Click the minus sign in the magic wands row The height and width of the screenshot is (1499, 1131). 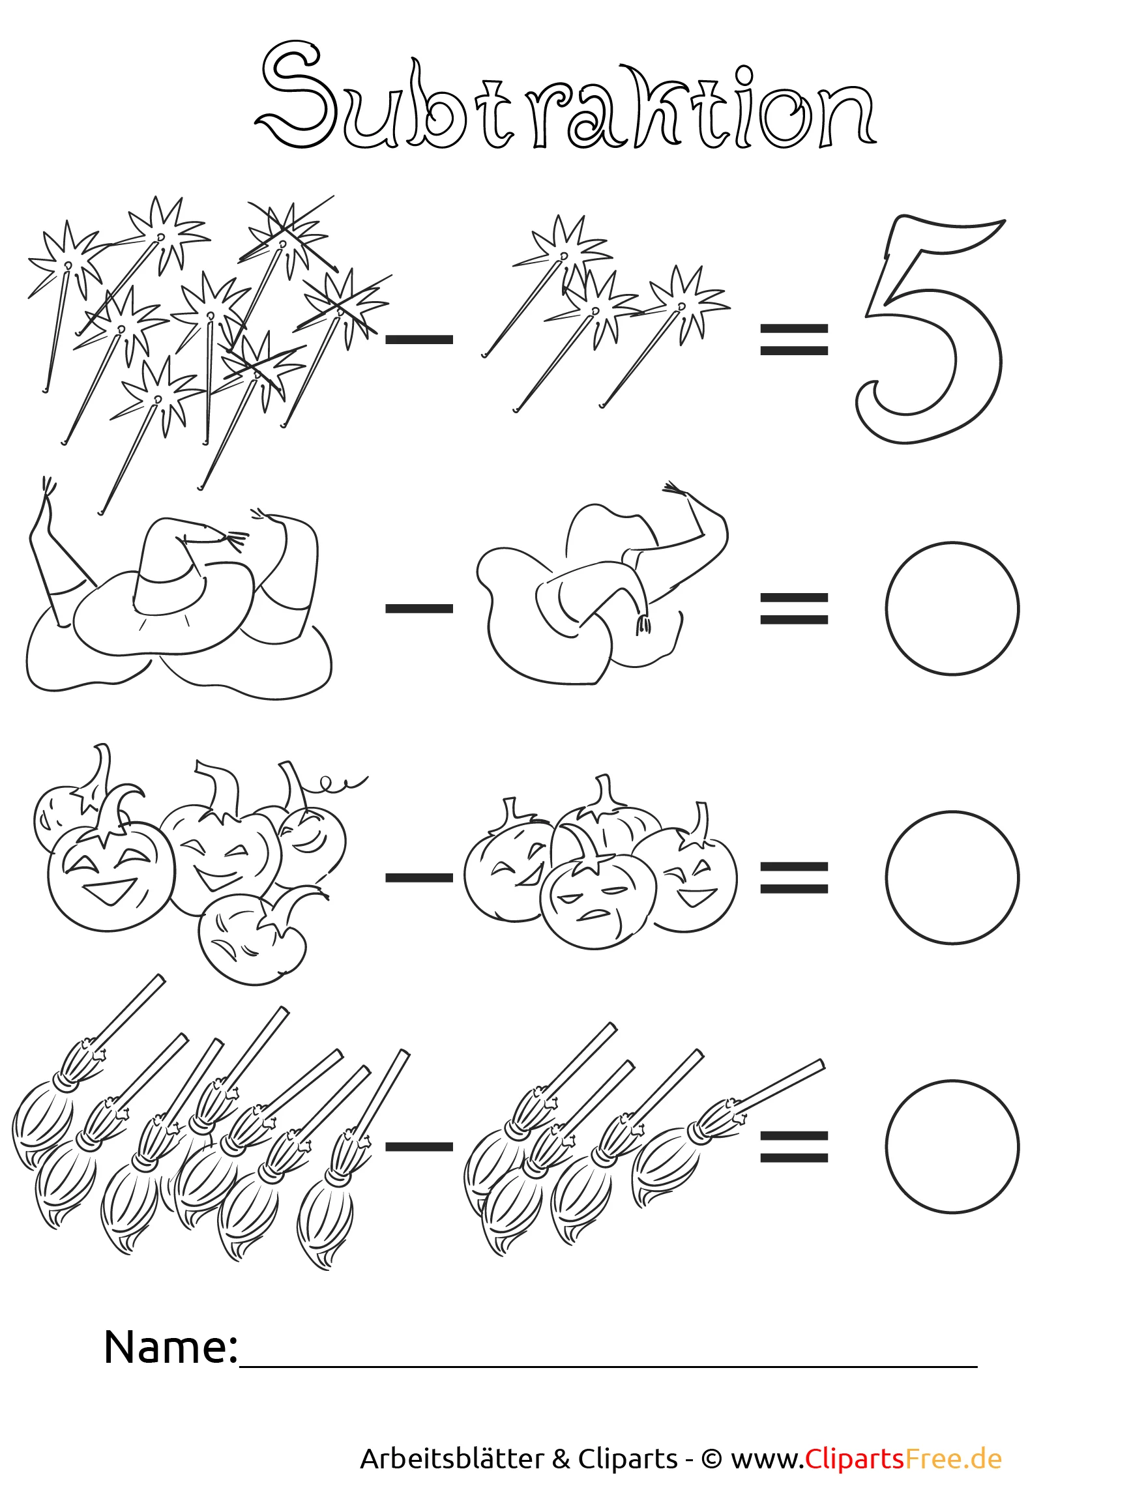[x=419, y=340]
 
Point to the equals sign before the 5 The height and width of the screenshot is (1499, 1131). [x=793, y=340]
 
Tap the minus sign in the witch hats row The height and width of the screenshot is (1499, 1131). [x=419, y=609]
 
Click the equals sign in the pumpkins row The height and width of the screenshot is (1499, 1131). [x=793, y=878]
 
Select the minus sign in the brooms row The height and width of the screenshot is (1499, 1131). [x=419, y=1146]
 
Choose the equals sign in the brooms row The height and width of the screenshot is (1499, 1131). [x=793, y=1146]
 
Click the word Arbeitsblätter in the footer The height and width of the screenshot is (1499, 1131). [x=452, y=1459]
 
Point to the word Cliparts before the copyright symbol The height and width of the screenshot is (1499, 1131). [x=628, y=1459]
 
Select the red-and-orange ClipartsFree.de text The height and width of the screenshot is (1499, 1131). [x=903, y=1459]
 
